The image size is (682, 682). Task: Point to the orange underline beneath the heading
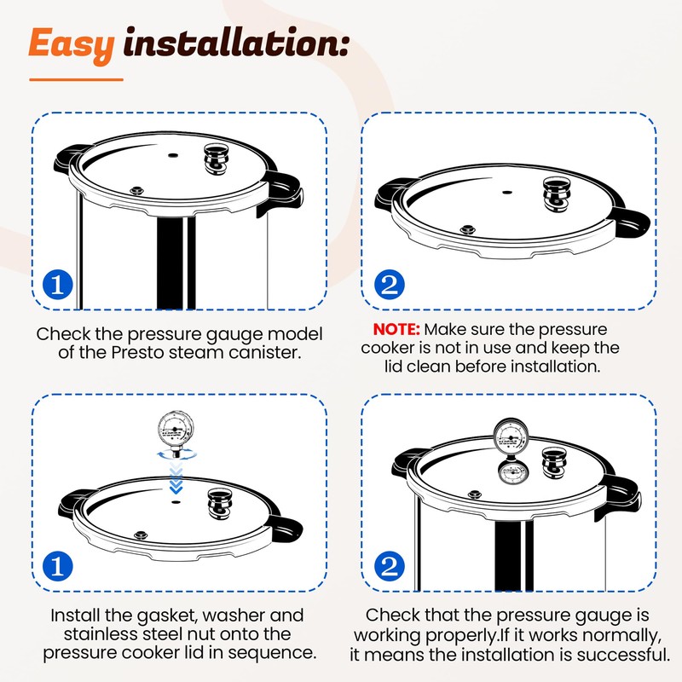coord(76,79)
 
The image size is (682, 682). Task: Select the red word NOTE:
coord(396,329)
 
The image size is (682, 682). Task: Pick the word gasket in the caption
coord(167,616)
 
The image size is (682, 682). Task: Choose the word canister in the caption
coord(265,352)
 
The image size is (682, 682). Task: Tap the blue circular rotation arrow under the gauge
coord(176,455)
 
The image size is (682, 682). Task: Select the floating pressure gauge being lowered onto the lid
coord(176,433)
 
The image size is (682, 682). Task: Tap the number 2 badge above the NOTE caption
coord(390,285)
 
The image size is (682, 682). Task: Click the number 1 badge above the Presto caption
coord(58,285)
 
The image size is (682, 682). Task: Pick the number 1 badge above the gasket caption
coord(58,566)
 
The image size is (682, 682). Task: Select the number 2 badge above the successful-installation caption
coord(390,566)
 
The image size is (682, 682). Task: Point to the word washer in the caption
coord(234,616)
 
